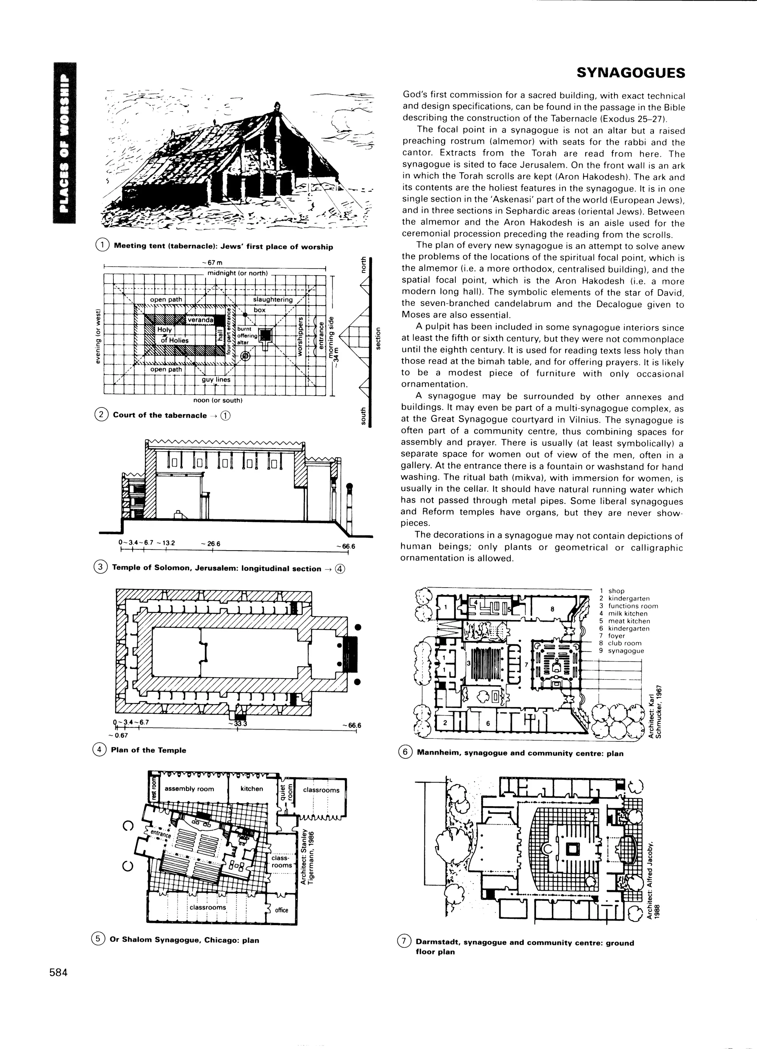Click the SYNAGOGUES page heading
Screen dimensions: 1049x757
pos(631,73)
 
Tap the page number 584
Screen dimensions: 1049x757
pos(59,972)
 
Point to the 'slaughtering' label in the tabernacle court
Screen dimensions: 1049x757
pos(273,300)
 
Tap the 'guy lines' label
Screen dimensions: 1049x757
pos(216,380)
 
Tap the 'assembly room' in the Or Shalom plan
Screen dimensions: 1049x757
pos(189,789)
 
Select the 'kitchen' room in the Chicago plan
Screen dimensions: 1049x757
pos(252,788)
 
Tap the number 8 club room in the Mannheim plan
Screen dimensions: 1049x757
pos(552,609)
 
